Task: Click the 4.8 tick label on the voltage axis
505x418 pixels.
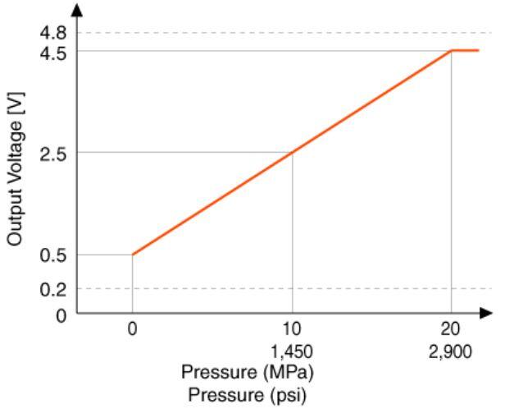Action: click(53, 33)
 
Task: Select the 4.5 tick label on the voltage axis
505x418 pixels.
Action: click(53, 51)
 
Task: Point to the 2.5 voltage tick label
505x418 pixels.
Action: click(53, 153)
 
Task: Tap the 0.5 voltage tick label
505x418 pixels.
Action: click(53, 255)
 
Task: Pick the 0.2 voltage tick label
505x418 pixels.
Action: click(53, 288)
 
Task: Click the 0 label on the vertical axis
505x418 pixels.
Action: click(60, 313)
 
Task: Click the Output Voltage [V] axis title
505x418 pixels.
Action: click(15, 173)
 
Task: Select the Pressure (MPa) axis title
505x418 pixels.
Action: click(248, 372)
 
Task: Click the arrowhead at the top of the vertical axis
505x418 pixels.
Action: click(77, 10)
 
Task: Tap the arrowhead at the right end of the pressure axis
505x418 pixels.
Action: click(487, 313)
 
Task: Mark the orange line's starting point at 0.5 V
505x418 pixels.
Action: click(133, 254)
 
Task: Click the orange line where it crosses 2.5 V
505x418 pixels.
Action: click(293, 152)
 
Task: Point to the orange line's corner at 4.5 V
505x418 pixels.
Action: click(452, 51)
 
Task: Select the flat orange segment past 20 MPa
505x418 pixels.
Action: click(466, 51)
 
